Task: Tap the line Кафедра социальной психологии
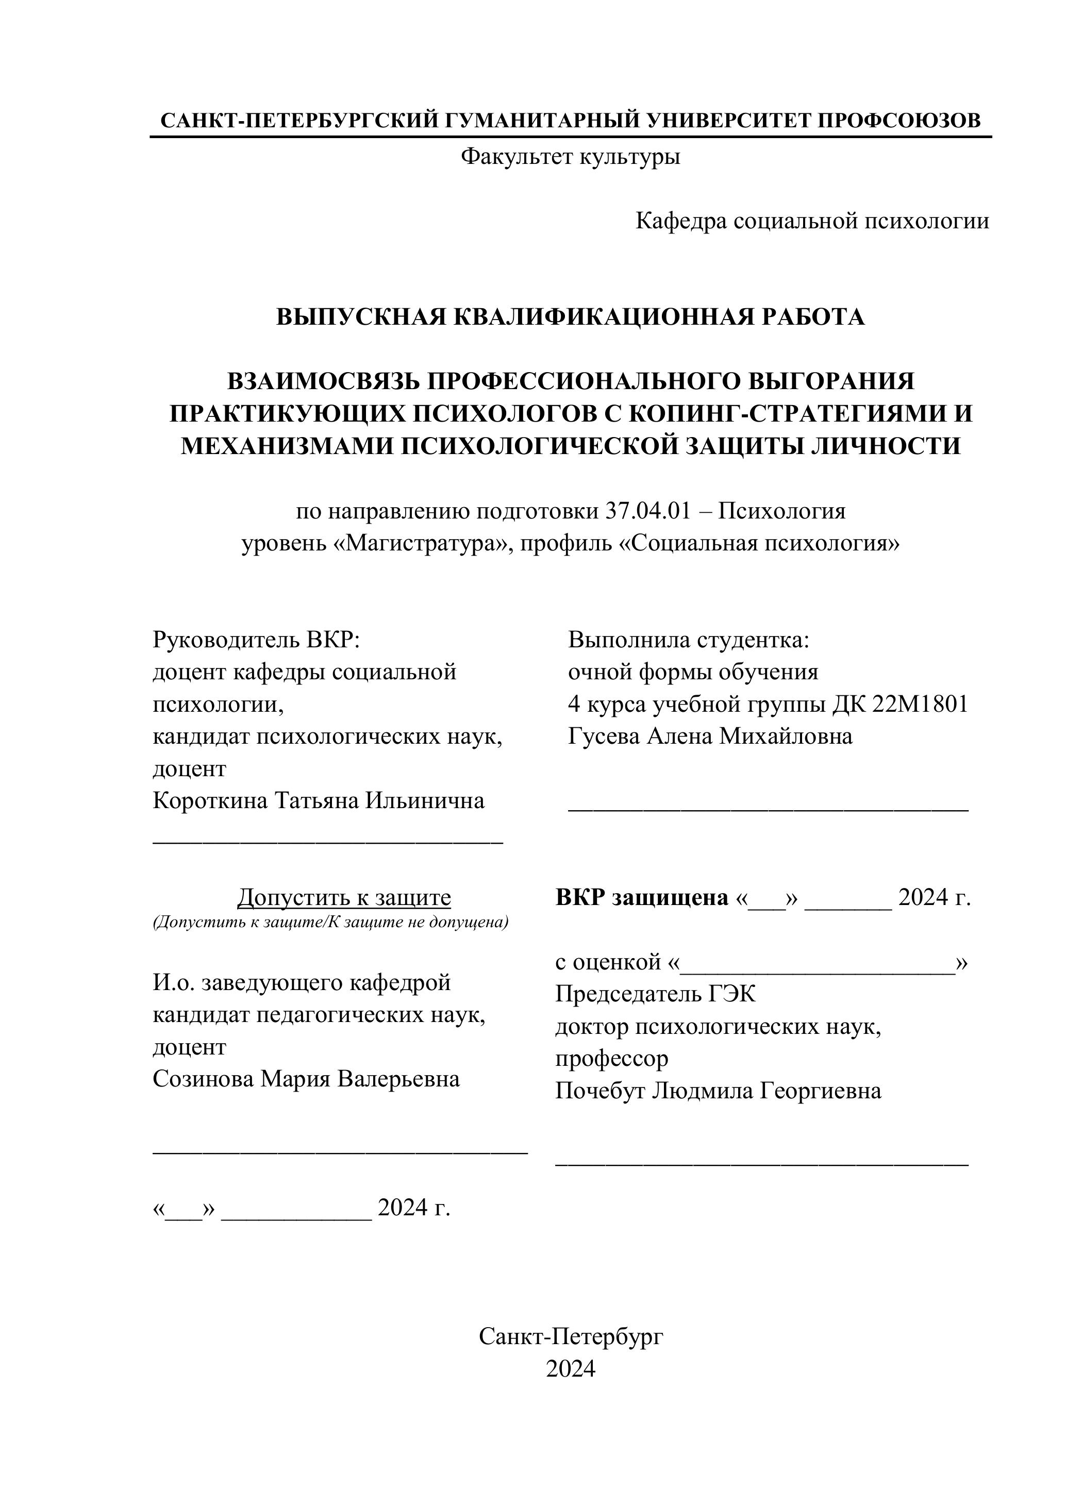pos(812,221)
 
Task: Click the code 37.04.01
pos(648,511)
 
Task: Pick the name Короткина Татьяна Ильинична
pos(319,801)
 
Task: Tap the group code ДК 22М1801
pos(900,704)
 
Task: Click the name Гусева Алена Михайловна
pos(710,736)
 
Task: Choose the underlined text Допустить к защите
pos(344,897)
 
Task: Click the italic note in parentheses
pos(330,922)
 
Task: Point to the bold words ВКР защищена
pos(642,897)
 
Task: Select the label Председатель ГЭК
pos(655,994)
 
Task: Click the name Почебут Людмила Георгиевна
pos(718,1091)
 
